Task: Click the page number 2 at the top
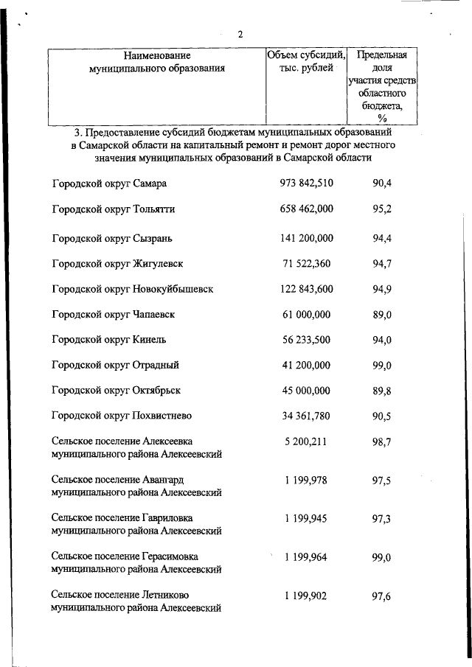click(240, 35)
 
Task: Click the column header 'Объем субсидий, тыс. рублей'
click(307, 61)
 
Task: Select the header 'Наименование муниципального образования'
click(157, 61)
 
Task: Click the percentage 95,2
click(382, 209)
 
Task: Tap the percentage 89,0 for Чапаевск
click(382, 315)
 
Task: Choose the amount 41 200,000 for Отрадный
click(307, 365)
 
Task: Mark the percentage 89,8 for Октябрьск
click(382, 391)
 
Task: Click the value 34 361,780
click(307, 416)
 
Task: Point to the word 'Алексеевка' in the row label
click(172, 442)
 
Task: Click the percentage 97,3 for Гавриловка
click(382, 519)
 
